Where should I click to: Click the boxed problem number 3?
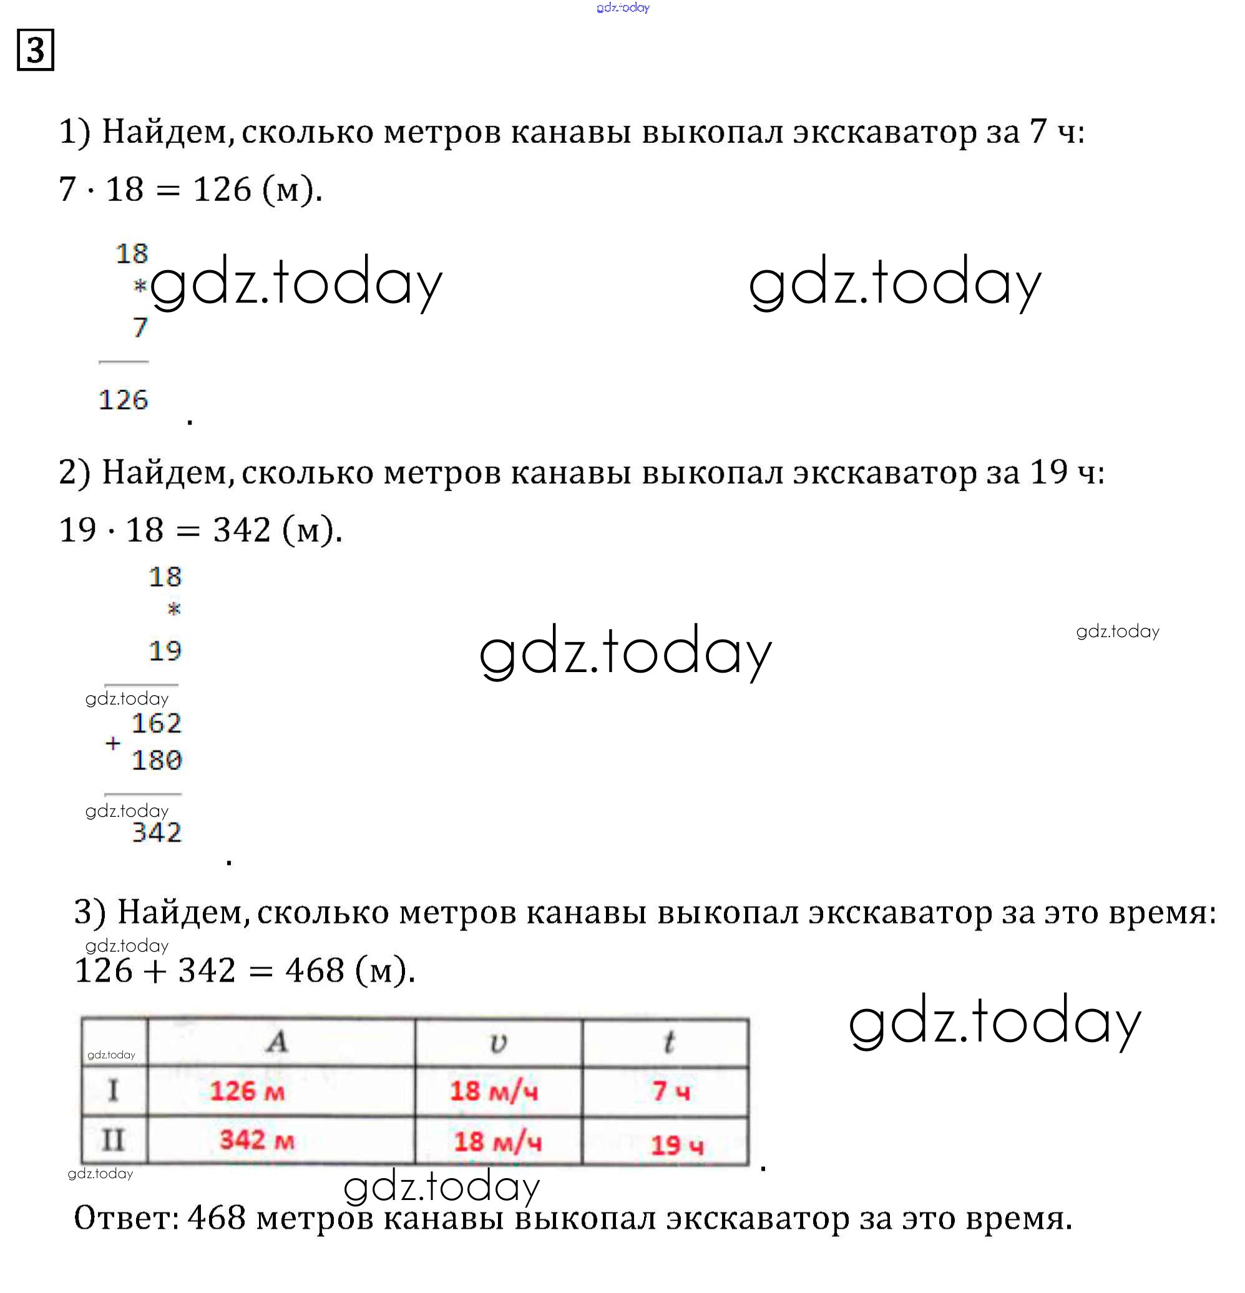[35, 50]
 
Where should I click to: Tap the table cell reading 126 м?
[247, 1091]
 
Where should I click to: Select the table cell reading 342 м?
[256, 1140]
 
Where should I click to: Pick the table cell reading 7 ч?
[670, 1091]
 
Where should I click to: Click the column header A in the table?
[278, 1042]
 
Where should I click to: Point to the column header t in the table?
[668, 1042]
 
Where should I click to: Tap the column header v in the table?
[498, 1043]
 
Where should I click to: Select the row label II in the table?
[113, 1140]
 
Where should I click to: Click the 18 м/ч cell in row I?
[494, 1091]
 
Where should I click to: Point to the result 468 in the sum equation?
[314, 970]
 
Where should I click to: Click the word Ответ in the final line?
[125, 1217]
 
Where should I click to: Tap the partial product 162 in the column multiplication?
[156, 724]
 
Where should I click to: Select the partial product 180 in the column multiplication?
[156, 760]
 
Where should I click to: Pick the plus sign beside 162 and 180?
[113, 743]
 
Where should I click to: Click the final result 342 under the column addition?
[157, 832]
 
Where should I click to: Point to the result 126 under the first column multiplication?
[124, 400]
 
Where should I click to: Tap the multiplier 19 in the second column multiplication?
[164, 651]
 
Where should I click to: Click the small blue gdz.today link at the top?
[622, 8]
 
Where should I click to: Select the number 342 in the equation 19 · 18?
[242, 530]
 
